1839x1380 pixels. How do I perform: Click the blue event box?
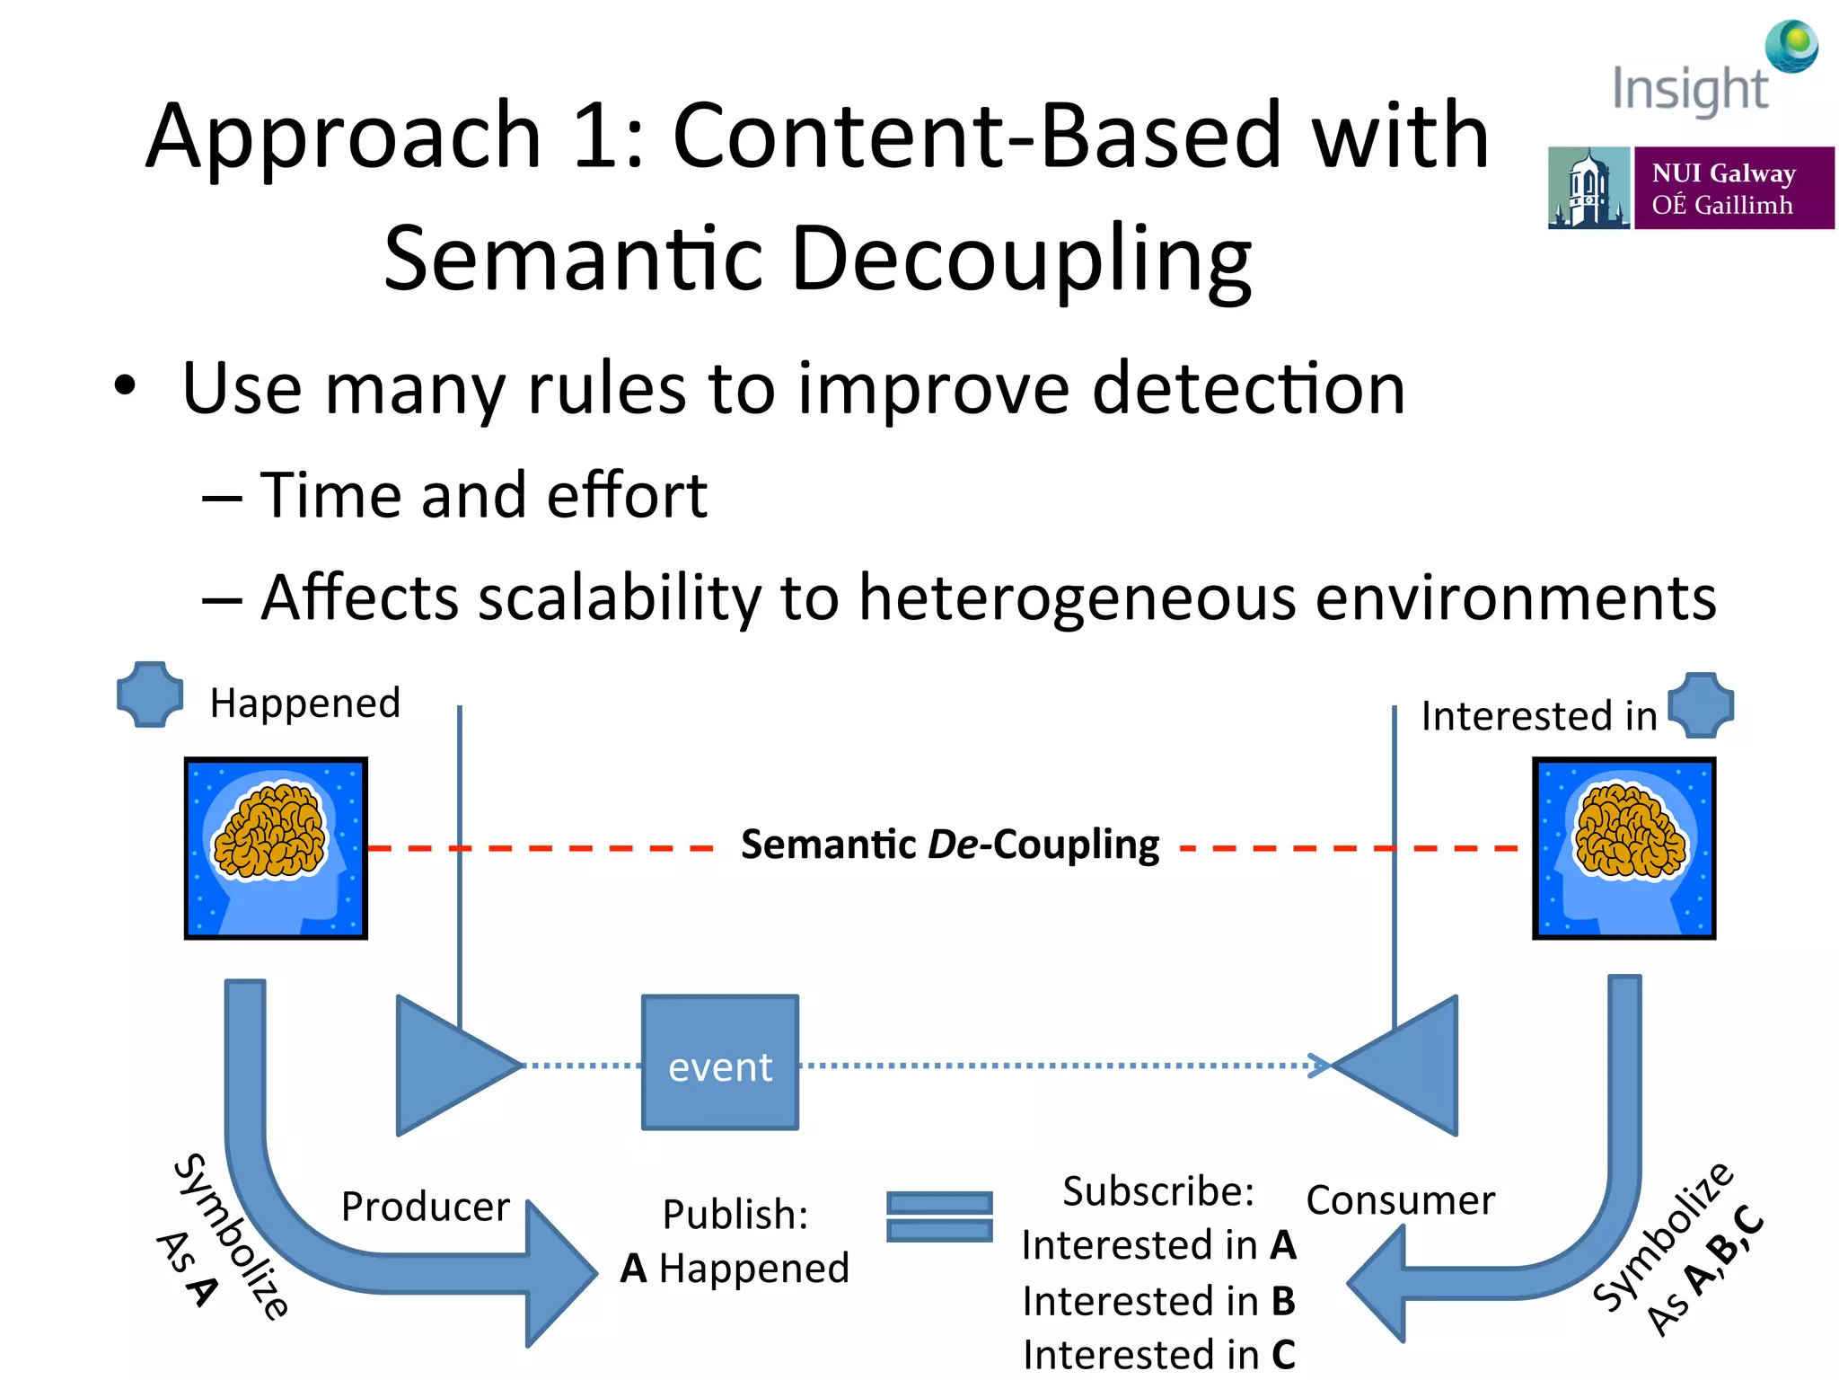720,1062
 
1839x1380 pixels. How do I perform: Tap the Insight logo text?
1690,90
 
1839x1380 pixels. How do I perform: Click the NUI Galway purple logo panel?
1733,188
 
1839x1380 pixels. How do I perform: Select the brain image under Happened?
276,848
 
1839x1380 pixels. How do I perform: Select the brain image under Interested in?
1623,848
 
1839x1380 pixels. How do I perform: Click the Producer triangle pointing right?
449,1066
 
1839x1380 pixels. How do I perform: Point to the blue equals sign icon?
939,1216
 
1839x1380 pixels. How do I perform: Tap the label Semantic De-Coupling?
950,845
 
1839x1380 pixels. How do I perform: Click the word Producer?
426,1207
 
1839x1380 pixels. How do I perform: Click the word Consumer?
1401,1200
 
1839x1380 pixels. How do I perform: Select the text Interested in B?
1158,1301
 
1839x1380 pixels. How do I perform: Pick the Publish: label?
735,1215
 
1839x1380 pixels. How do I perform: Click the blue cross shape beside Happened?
150,694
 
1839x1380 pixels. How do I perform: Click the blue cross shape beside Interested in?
1701,705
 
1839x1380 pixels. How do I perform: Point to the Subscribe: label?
1158,1191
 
